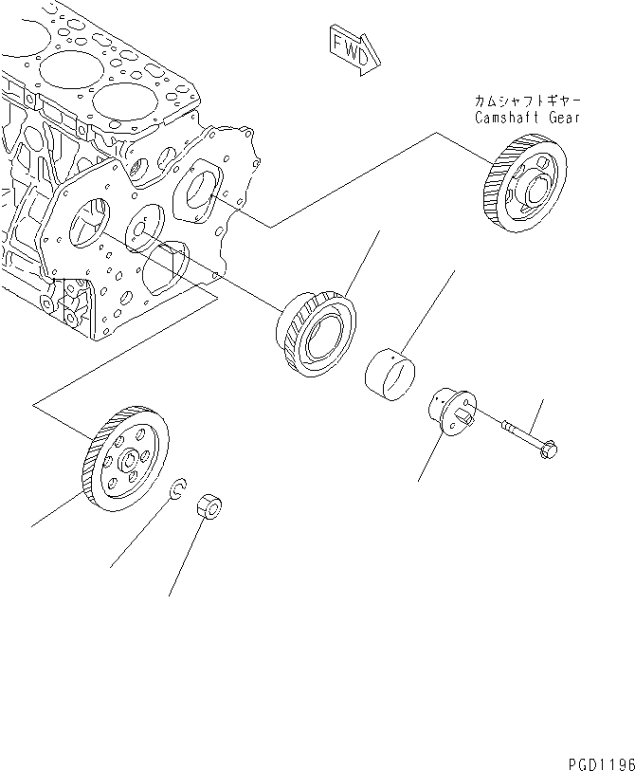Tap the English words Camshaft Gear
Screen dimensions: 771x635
tap(527, 119)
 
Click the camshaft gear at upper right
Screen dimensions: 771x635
tap(524, 186)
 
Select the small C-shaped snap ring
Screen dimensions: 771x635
tap(175, 491)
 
